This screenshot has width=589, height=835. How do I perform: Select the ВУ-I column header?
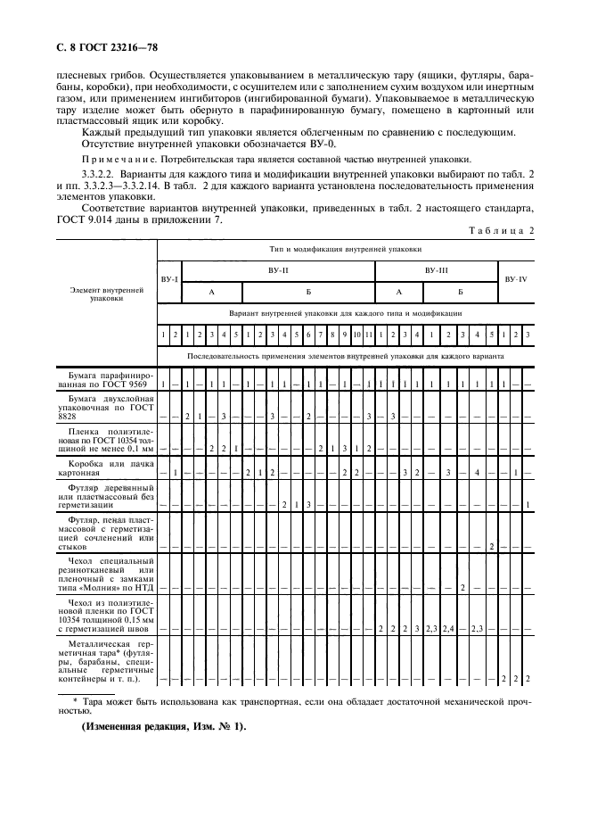(169, 279)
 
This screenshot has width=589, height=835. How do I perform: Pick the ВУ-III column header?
(436, 269)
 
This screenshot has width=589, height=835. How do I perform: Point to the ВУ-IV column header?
(515, 279)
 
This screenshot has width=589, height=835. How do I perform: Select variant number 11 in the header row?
(368, 335)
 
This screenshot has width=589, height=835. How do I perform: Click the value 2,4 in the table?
(450, 630)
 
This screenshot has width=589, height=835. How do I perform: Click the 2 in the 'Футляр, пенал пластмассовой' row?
(491, 546)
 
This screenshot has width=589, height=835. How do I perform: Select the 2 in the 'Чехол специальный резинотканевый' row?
(463, 587)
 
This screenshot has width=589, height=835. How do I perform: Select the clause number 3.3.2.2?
(99, 177)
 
